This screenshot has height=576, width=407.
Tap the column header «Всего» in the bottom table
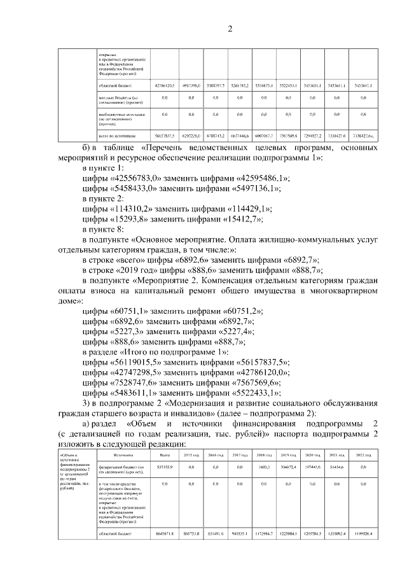tap(165, 455)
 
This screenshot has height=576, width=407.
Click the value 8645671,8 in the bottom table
tap(165, 533)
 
